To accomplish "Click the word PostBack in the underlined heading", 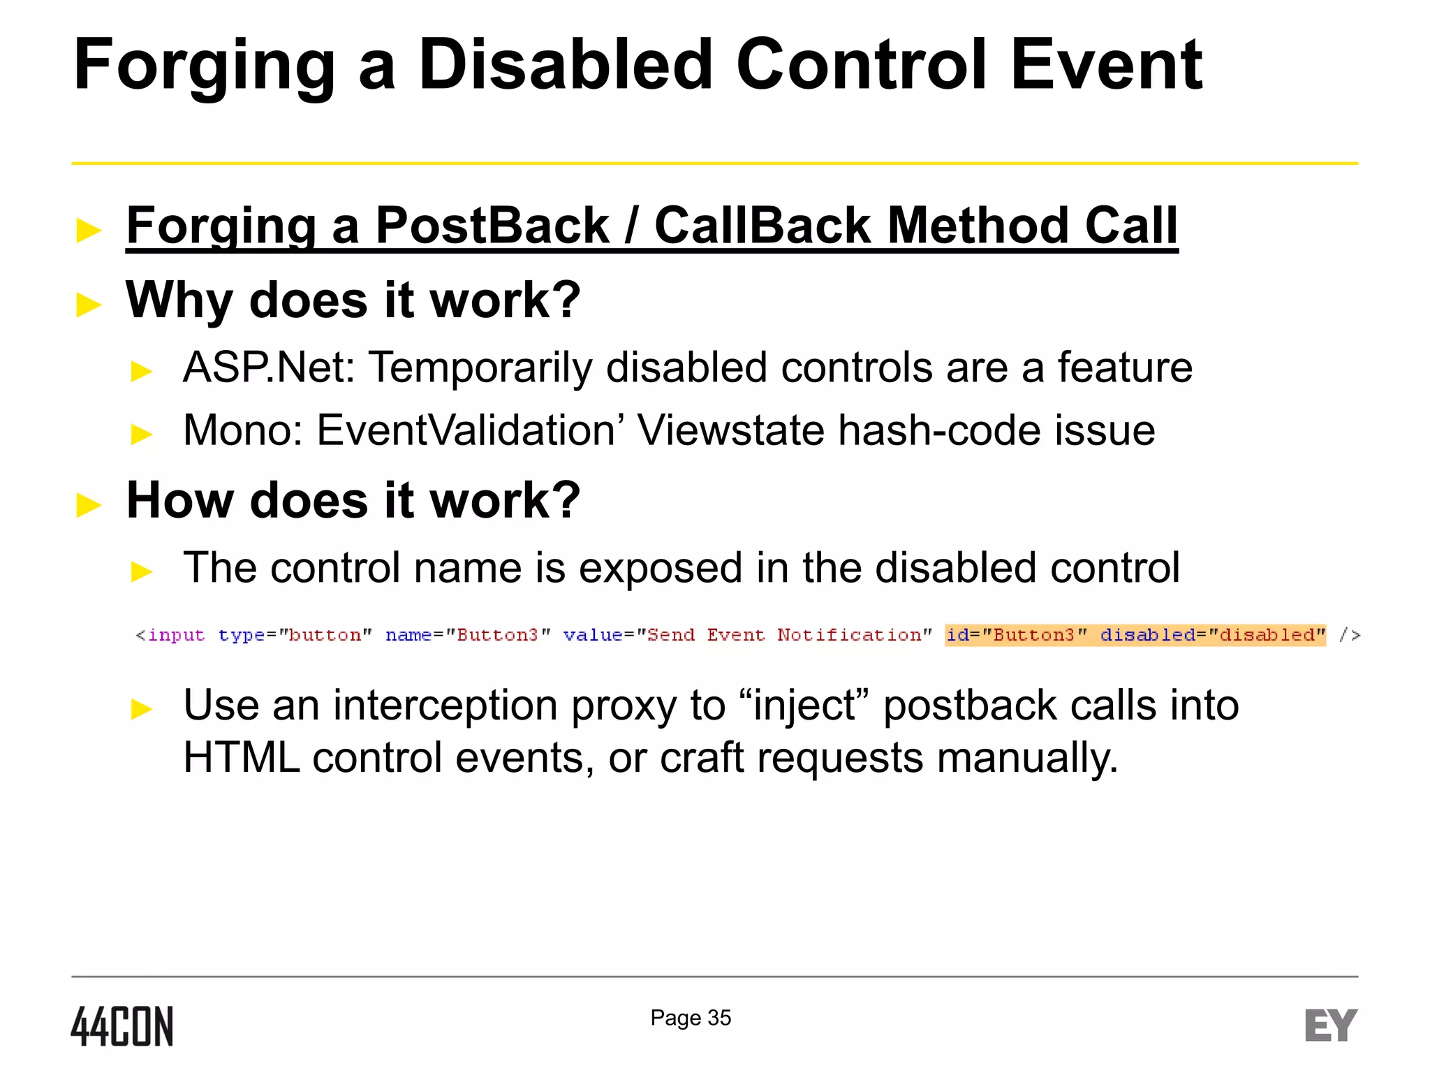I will click(x=492, y=226).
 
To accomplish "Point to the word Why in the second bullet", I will click(x=179, y=300).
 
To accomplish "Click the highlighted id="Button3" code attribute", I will click(x=1017, y=635).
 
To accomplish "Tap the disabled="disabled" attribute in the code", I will click(x=1213, y=635).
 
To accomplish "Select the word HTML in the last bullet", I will click(x=241, y=758).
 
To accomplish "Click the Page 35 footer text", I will click(x=691, y=1018).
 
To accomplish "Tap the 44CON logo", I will click(x=122, y=1026).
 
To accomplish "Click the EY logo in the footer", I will click(x=1331, y=1025).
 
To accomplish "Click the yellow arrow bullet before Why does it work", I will click(x=89, y=305).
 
